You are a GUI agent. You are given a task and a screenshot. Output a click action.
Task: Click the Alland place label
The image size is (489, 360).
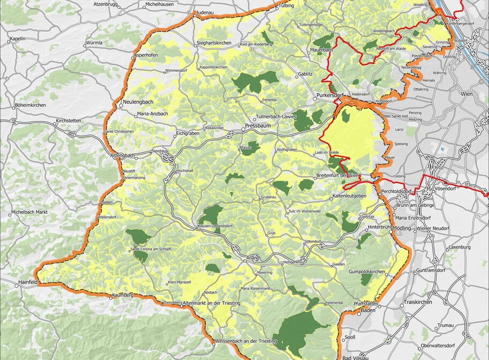click(x=252, y=258)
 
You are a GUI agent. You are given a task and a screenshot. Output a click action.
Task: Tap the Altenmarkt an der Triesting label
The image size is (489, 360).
click(x=212, y=303)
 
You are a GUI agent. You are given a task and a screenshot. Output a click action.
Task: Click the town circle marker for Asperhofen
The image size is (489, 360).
click(x=133, y=56)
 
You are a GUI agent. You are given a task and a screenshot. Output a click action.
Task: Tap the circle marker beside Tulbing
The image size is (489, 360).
click(x=277, y=7)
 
